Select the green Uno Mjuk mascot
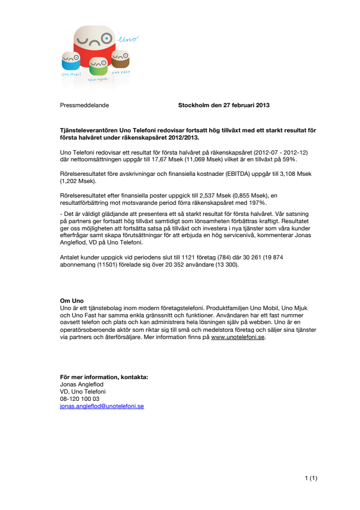click(98, 68)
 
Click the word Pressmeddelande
click(84, 105)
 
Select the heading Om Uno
click(71, 300)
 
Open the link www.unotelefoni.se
click(238, 338)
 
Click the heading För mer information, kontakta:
click(104, 377)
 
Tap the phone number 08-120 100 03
click(80, 399)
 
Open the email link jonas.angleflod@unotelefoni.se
click(102, 406)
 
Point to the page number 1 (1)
click(311, 478)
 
